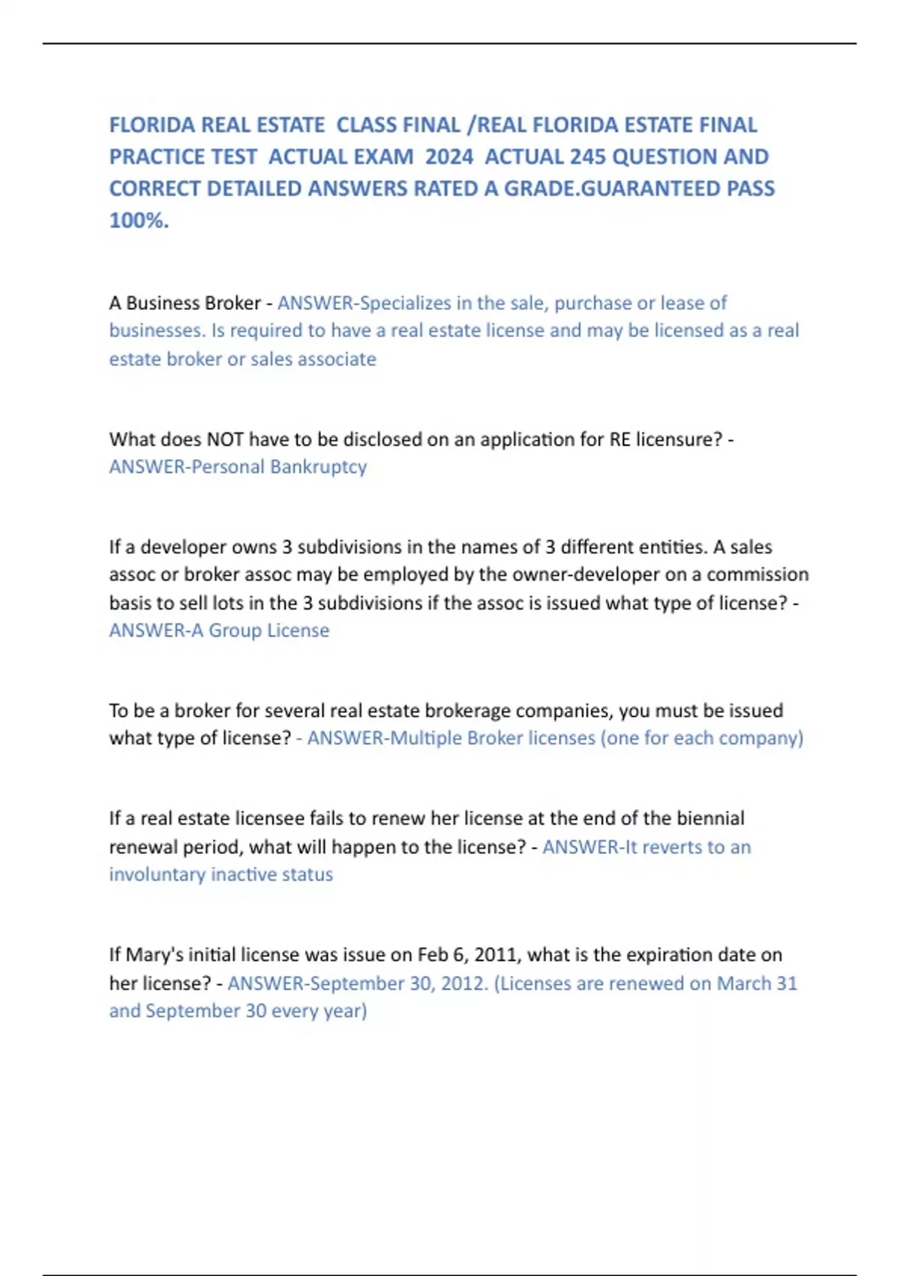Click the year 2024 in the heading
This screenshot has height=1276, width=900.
(x=448, y=157)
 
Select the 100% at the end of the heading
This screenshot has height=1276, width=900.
(x=139, y=221)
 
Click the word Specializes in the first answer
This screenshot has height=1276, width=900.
(x=406, y=303)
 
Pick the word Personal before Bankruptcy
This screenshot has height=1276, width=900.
(x=228, y=467)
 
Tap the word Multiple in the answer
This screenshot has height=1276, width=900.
(x=425, y=739)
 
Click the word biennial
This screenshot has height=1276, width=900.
(x=710, y=818)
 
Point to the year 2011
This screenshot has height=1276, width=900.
(x=496, y=955)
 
